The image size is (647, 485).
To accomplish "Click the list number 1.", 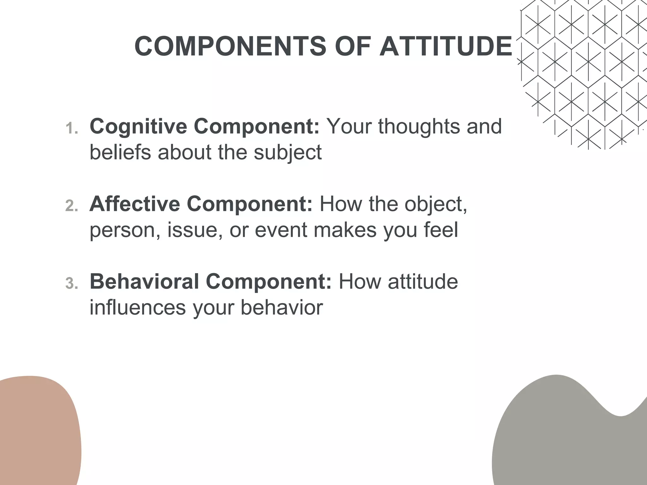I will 71,129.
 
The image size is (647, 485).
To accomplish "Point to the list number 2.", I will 71,206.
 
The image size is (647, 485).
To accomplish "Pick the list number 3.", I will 71,284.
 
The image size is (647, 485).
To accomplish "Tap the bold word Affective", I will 135,204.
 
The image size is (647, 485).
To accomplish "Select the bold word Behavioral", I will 144,281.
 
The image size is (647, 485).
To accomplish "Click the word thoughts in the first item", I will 419,126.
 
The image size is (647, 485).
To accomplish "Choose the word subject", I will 287,153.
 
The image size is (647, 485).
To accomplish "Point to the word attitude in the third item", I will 423,281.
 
